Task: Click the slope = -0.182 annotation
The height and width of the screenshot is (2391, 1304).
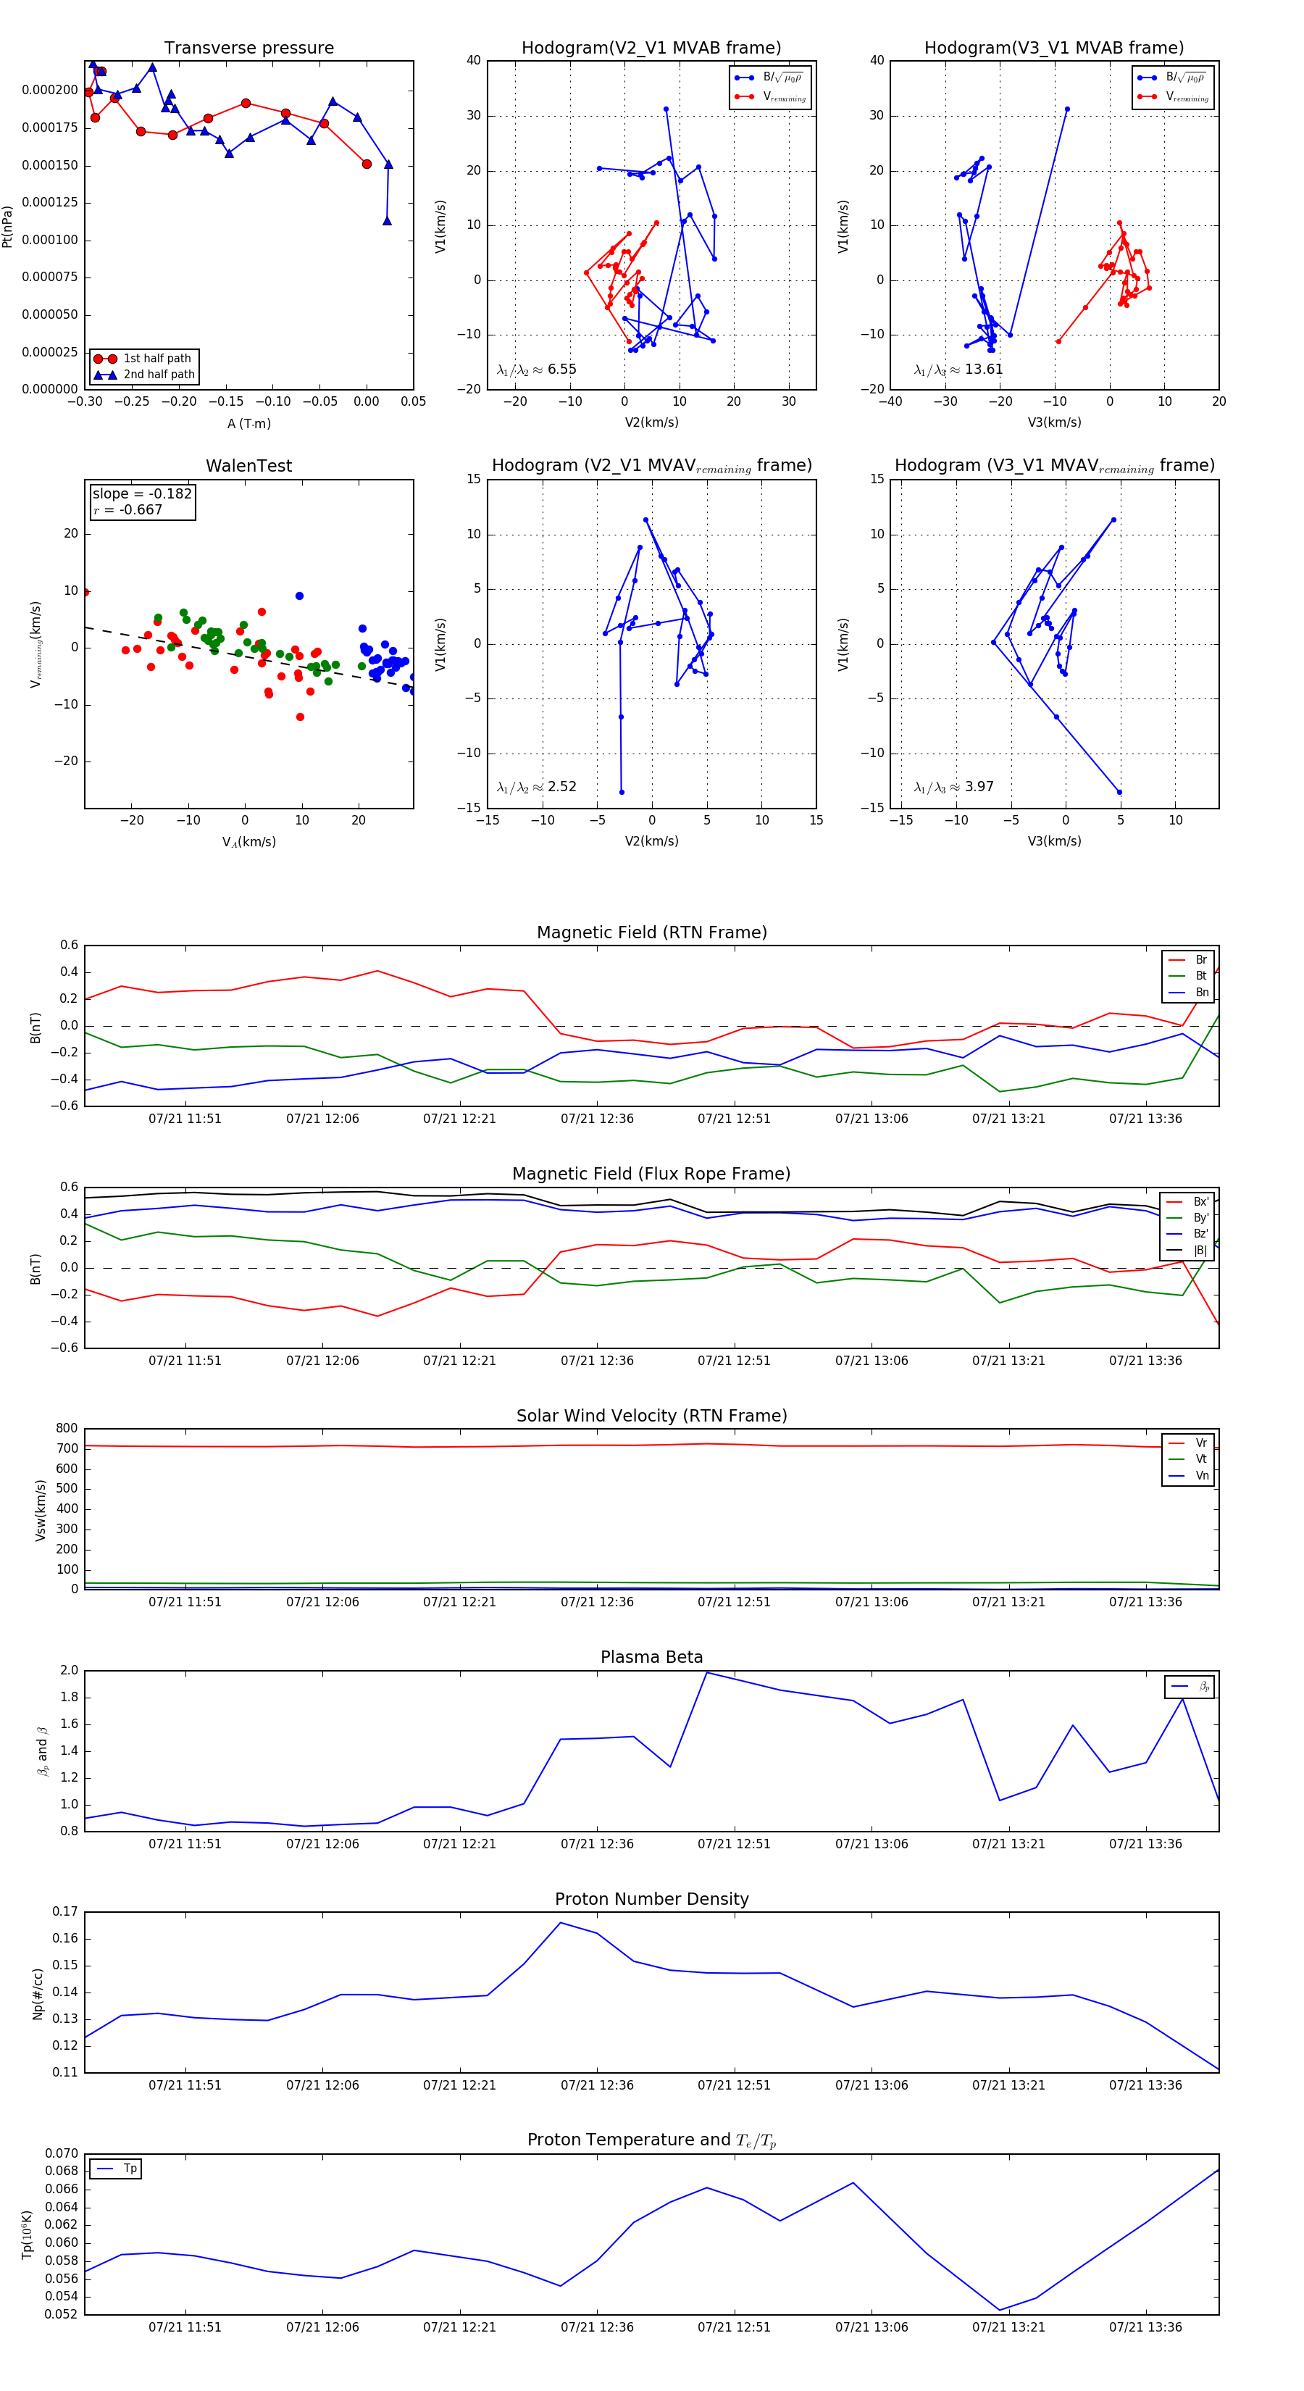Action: pos(142,494)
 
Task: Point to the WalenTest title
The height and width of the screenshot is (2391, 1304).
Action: pos(248,466)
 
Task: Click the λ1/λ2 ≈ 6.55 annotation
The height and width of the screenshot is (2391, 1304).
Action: pos(536,370)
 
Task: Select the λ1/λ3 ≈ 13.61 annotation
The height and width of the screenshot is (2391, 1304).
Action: pos(958,370)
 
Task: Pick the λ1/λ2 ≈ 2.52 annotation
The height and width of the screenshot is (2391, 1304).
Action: pos(536,787)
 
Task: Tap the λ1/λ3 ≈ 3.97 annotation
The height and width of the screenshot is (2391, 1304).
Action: pos(953,787)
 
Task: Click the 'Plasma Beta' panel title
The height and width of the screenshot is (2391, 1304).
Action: pos(651,1658)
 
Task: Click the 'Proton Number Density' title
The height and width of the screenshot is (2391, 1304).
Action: pos(651,1899)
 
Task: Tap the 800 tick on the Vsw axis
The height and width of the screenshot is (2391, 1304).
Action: pos(67,1429)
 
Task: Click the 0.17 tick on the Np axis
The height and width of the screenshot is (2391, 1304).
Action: pos(65,1912)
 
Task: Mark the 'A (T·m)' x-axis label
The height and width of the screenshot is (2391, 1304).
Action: pos(248,423)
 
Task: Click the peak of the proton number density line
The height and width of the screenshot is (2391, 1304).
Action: pos(561,1922)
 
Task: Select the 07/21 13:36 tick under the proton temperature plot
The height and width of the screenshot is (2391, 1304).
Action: pos(1145,2327)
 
